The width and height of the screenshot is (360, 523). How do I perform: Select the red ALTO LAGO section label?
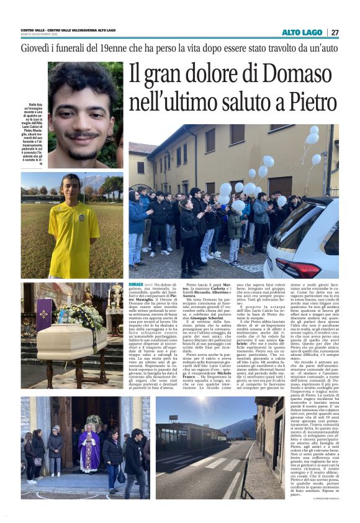point(302,32)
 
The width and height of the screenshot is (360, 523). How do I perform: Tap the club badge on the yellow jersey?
point(82,219)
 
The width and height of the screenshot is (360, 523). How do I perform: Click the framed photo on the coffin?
point(64,316)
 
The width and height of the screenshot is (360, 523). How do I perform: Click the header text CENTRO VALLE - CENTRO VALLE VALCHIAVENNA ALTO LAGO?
point(68,30)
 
